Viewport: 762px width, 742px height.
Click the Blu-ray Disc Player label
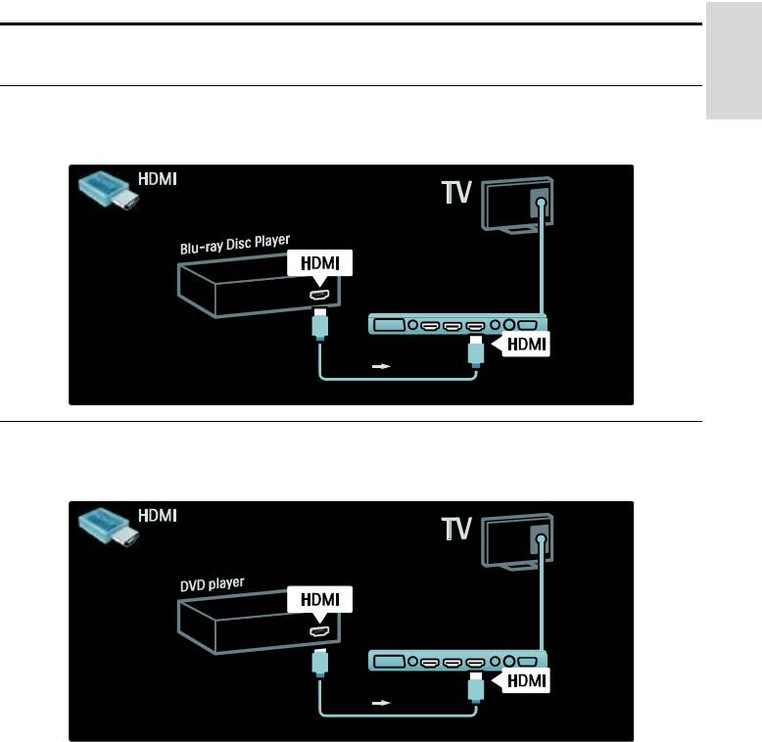235,245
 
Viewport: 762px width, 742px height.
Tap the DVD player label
212,584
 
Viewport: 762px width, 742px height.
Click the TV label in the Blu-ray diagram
456,192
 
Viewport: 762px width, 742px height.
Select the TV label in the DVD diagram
456,529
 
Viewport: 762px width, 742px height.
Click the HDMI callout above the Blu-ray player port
319,262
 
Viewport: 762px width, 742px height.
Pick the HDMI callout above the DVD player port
319,599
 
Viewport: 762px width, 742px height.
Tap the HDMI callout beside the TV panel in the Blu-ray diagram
526,345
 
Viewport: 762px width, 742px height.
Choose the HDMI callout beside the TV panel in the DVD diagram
526,680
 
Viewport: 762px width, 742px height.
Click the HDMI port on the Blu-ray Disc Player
319,295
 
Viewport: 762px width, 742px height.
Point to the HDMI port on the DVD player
319,631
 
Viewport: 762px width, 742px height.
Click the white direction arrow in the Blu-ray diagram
381,366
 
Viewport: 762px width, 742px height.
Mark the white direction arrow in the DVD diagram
381,703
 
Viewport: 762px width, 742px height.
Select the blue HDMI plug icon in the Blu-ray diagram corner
109,190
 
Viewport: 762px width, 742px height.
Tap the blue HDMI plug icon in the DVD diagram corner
109,527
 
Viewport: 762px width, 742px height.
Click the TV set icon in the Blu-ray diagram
517,205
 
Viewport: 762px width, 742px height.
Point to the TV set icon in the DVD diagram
517,541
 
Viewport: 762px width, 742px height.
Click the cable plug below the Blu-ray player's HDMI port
319,324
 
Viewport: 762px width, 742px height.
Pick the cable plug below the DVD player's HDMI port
319,661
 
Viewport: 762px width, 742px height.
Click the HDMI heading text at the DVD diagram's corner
157,515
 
